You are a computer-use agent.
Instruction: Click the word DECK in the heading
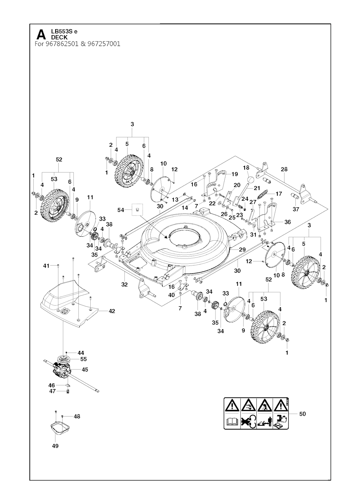pyautogui.click(x=59, y=38)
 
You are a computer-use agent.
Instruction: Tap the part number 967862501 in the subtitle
pyautogui.click(x=62, y=44)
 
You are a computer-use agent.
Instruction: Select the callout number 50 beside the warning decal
pyautogui.click(x=303, y=414)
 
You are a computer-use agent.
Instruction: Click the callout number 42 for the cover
pyautogui.click(x=112, y=311)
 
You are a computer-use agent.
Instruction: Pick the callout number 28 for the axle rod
pyautogui.click(x=284, y=169)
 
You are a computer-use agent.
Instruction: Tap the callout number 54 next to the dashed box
pyautogui.click(x=121, y=210)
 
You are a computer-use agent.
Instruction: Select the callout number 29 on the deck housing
pyautogui.click(x=242, y=249)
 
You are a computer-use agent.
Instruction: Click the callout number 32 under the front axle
pyautogui.click(x=124, y=284)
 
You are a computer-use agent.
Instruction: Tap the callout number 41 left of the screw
pyautogui.click(x=46, y=266)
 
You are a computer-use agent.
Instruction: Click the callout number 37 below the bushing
pyautogui.click(x=296, y=209)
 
